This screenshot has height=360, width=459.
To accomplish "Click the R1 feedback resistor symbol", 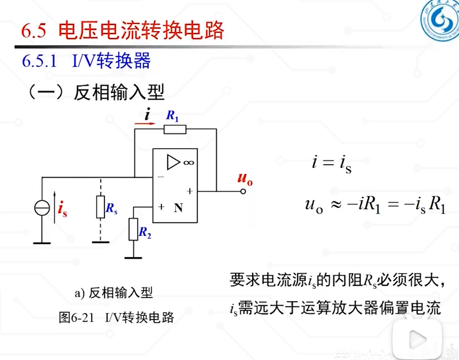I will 175,129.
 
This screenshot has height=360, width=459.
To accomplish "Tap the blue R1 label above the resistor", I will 172,116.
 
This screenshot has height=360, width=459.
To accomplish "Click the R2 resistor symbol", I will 133,229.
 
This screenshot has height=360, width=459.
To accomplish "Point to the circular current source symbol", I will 42,208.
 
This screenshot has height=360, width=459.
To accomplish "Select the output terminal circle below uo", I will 243,191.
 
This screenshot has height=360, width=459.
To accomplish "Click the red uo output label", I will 245,179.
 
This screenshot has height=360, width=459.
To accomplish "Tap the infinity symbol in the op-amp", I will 188,163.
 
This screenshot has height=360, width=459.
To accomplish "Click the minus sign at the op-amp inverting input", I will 160,177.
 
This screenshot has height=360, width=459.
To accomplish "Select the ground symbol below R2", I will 133,257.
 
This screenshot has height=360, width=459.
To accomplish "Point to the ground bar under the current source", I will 42,243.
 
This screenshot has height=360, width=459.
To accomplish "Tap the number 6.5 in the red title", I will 33,31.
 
